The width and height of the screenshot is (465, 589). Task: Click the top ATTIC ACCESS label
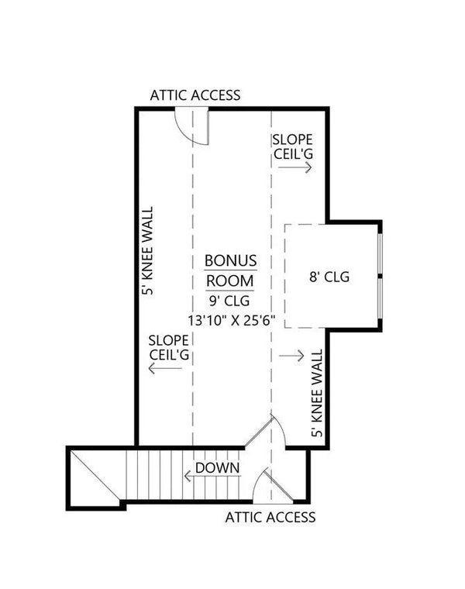click(195, 95)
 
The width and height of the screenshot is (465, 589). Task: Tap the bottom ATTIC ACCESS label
click(270, 517)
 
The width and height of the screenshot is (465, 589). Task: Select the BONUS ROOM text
click(229, 270)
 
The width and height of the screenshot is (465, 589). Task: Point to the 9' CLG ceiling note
click(229, 301)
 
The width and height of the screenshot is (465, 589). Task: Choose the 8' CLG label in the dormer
click(329, 276)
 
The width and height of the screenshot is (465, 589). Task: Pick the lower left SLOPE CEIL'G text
click(169, 346)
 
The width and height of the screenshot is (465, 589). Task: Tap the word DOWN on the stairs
click(217, 468)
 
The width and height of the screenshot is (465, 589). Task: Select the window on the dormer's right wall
click(380, 276)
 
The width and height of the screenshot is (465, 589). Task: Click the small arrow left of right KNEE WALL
click(291, 356)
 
